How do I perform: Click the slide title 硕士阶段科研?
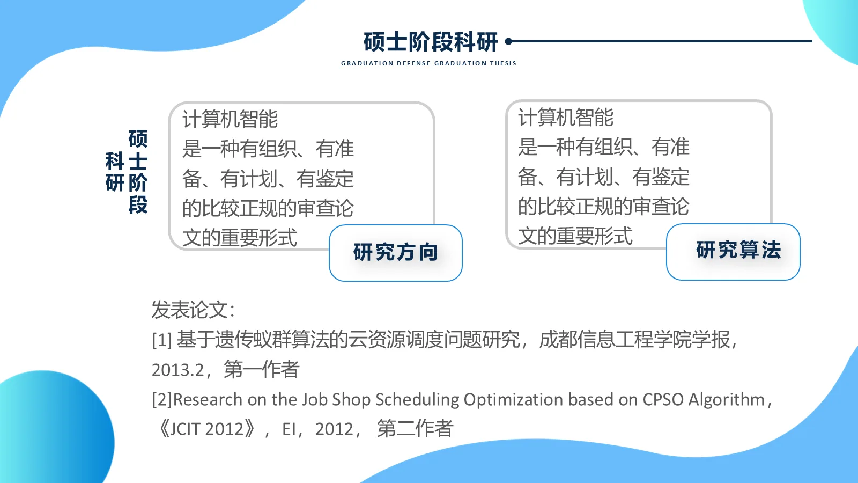click(431, 42)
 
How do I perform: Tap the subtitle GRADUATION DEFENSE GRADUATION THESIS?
click(428, 63)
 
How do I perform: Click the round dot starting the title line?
click(508, 41)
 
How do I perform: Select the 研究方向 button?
click(396, 253)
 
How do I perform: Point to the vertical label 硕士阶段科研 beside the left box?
click(127, 172)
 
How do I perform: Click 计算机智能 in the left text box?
click(230, 119)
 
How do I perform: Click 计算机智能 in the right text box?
click(566, 118)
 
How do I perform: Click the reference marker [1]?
click(161, 340)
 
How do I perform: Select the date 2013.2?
click(178, 370)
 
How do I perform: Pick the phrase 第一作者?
click(262, 370)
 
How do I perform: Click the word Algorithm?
click(726, 400)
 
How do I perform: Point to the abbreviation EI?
click(289, 429)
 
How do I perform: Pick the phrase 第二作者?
click(415, 429)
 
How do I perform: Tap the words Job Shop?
click(336, 400)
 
